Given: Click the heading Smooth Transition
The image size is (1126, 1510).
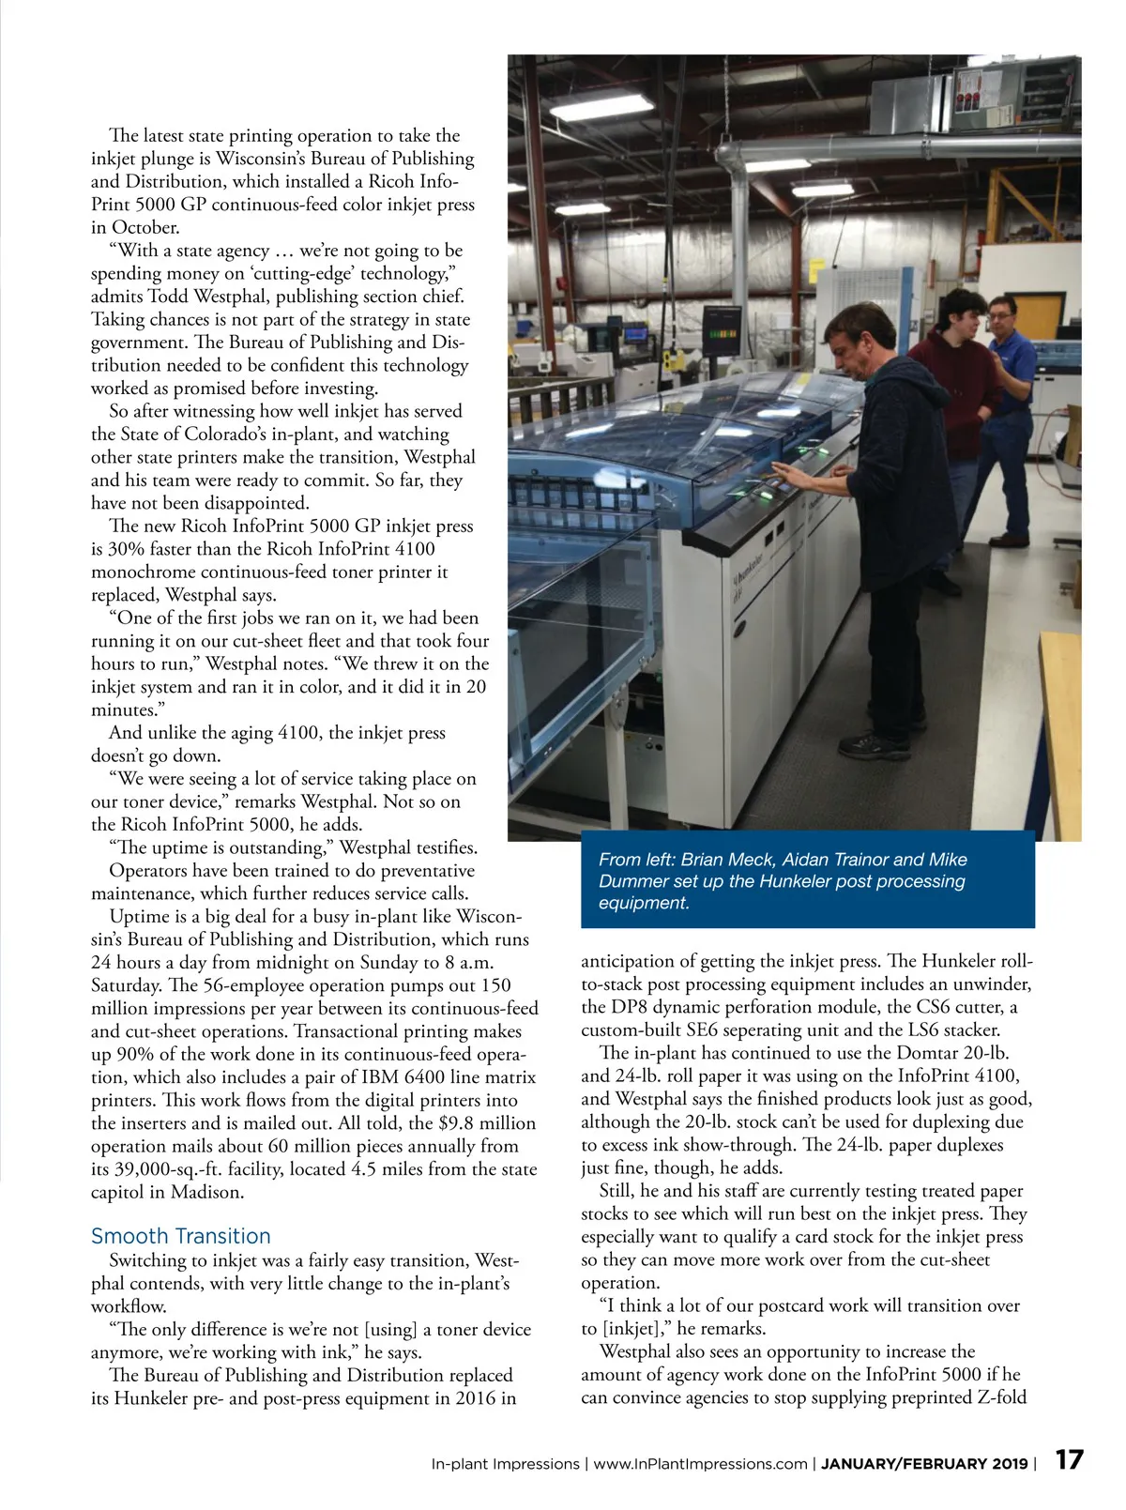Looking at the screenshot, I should pyautogui.click(x=180, y=1236).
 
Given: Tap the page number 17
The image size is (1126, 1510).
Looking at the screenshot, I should pyautogui.click(x=1069, y=1460).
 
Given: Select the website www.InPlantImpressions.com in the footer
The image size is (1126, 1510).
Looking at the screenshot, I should pyautogui.click(x=700, y=1464).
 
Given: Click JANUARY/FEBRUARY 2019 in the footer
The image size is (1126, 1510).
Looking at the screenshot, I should pyautogui.click(x=924, y=1464).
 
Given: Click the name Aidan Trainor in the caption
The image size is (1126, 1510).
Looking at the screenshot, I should pyautogui.click(x=834, y=860).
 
